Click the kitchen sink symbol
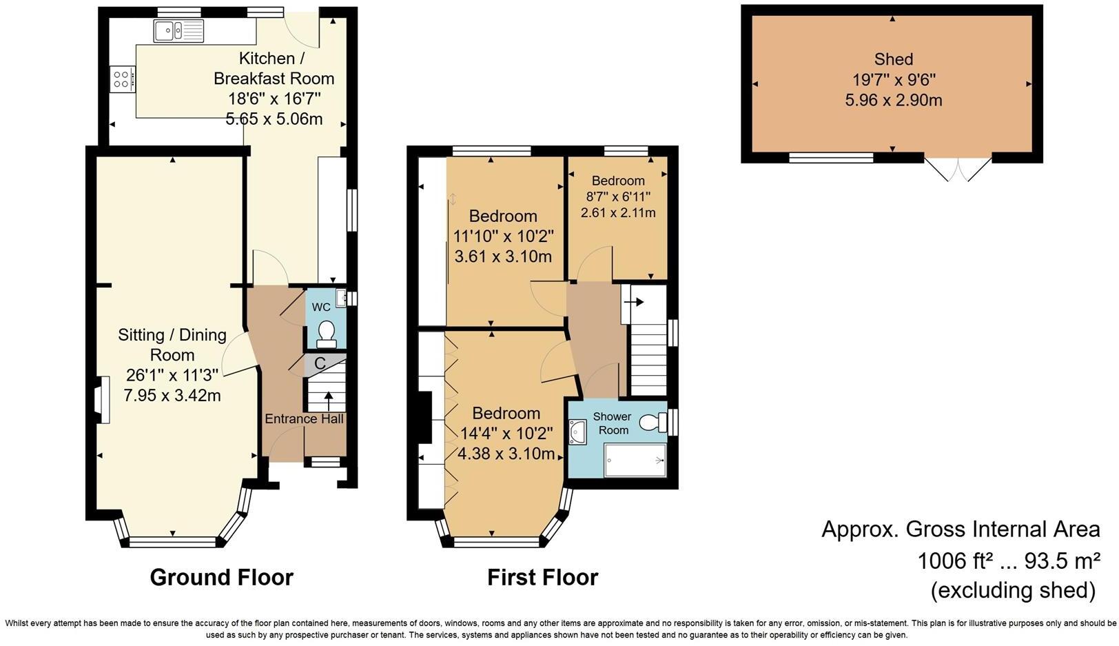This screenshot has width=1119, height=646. [178, 30]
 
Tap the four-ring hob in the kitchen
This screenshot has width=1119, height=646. [122, 79]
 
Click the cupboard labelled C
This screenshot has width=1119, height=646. [320, 363]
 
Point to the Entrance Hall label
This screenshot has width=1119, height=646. [304, 418]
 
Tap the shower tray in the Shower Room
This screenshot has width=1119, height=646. [635, 460]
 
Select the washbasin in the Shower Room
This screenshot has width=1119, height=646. [577, 432]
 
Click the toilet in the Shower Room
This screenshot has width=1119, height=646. [653, 421]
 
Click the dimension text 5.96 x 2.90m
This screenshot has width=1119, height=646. [894, 100]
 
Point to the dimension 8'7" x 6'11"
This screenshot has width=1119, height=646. [618, 196]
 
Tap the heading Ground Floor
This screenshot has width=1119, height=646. [222, 577]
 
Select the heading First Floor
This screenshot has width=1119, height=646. [543, 577]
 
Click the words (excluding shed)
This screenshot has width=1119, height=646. [1013, 590]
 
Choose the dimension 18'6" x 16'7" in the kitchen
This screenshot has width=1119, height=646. [274, 98]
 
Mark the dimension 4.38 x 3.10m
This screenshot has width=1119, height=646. [506, 454]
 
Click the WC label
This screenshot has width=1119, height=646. [321, 307]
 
